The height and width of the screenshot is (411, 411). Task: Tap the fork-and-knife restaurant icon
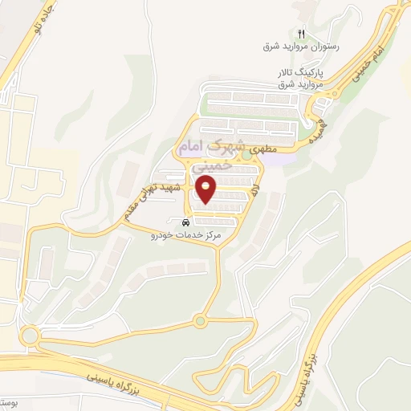301,34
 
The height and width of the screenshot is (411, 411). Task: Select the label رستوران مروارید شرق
302,47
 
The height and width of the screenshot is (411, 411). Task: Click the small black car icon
185,222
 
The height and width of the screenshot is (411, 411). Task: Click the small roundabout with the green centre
199,322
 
